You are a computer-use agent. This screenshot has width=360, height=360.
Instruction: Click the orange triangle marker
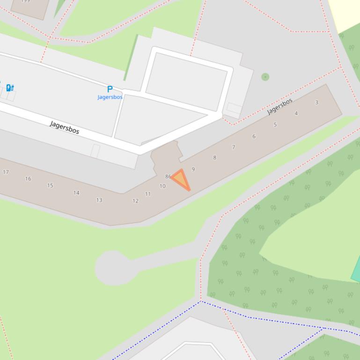[x=181, y=180]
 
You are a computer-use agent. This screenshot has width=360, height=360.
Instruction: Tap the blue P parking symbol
[x=110, y=89]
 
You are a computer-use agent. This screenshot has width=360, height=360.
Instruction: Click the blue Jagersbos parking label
[x=110, y=97]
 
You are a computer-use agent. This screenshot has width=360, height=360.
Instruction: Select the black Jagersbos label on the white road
[x=65, y=127]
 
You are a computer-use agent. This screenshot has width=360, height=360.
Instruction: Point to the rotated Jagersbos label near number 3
[x=280, y=106]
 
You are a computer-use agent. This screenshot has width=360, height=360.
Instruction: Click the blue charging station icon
[x=10, y=87]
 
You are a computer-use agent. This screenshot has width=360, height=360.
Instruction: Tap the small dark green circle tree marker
[x=265, y=77]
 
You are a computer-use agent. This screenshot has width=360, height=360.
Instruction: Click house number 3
[x=317, y=102]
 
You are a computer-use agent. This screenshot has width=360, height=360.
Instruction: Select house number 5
[x=275, y=125]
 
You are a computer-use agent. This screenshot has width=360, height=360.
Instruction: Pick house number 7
[x=234, y=147]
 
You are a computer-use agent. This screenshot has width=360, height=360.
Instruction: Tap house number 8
[x=215, y=158]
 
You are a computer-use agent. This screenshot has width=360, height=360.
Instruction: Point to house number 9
[x=193, y=169]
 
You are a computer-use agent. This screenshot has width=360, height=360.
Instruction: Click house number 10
[x=162, y=186]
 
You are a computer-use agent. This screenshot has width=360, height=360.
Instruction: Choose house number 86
[x=168, y=177]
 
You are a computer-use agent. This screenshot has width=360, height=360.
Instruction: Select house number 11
[x=148, y=194]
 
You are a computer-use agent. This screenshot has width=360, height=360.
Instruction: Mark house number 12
[x=135, y=201]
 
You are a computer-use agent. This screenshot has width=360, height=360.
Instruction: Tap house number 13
[x=99, y=200]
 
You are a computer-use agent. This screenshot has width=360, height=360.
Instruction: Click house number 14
[x=76, y=193]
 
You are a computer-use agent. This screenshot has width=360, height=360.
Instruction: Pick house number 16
[x=28, y=179]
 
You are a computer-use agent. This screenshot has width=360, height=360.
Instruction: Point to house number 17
[x=6, y=172]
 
